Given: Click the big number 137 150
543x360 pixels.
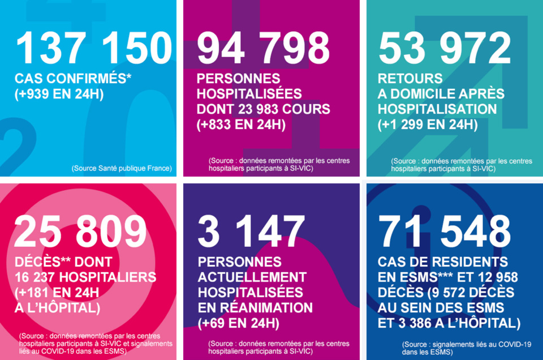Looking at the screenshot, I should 93,48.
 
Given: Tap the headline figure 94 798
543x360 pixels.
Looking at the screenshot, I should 264,48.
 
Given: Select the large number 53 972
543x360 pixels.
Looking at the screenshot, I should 445,48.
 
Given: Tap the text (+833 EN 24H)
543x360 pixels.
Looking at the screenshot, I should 241,124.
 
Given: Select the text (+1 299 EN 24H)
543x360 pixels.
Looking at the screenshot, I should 428,124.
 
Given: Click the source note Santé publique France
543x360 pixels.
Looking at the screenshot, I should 122,168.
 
